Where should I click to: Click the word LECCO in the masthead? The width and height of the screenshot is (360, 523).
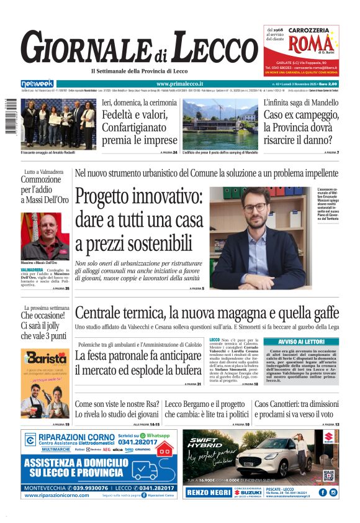(214, 48)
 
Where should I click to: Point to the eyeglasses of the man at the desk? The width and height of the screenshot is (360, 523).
(255, 208)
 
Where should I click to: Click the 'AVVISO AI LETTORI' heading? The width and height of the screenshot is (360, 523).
(300, 341)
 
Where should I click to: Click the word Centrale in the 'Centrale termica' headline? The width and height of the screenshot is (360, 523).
(104, 312)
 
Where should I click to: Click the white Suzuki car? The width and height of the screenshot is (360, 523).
(261, 458)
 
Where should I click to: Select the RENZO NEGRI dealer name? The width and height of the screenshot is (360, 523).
(207, 493)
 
